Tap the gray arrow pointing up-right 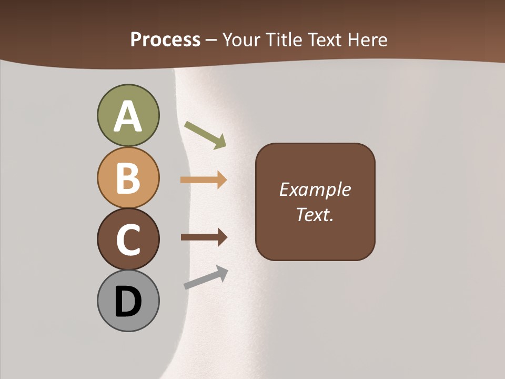[x=206, y=277]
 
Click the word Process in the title [x=165, y=39]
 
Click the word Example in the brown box [x=315, y=189]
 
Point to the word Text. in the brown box [x=315, y=214]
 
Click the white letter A [x=128, y=117]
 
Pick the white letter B [x=128, y=178]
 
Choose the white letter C [x=128, y=240]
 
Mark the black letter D [x=128, y=302]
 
